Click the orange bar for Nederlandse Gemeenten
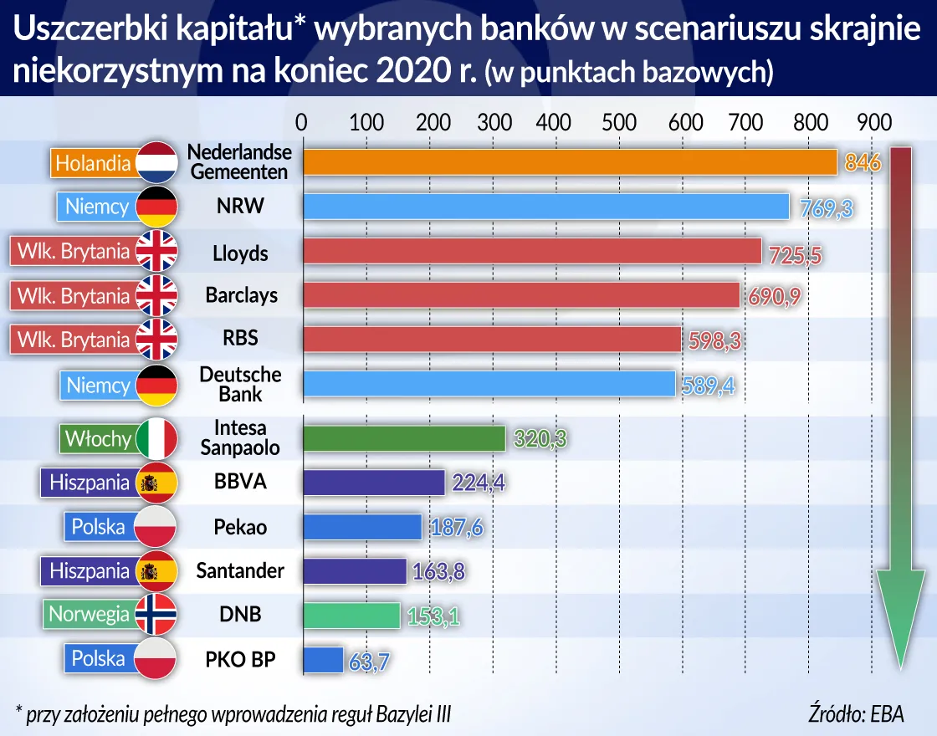pos(569,162)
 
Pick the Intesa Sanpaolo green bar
pos(403,439)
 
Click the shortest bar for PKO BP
pos(323,659)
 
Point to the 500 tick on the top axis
pos(619,122)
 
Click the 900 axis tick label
pos(874,122)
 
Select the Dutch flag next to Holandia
pos(156,162)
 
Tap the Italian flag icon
pos(156,439)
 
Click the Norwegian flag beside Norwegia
pos(156,615)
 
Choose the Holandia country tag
pos(93,162)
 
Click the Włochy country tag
pos(97,439)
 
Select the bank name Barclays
pos(241,295)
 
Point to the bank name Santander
pos(240,571)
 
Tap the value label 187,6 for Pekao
pos(455,529)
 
